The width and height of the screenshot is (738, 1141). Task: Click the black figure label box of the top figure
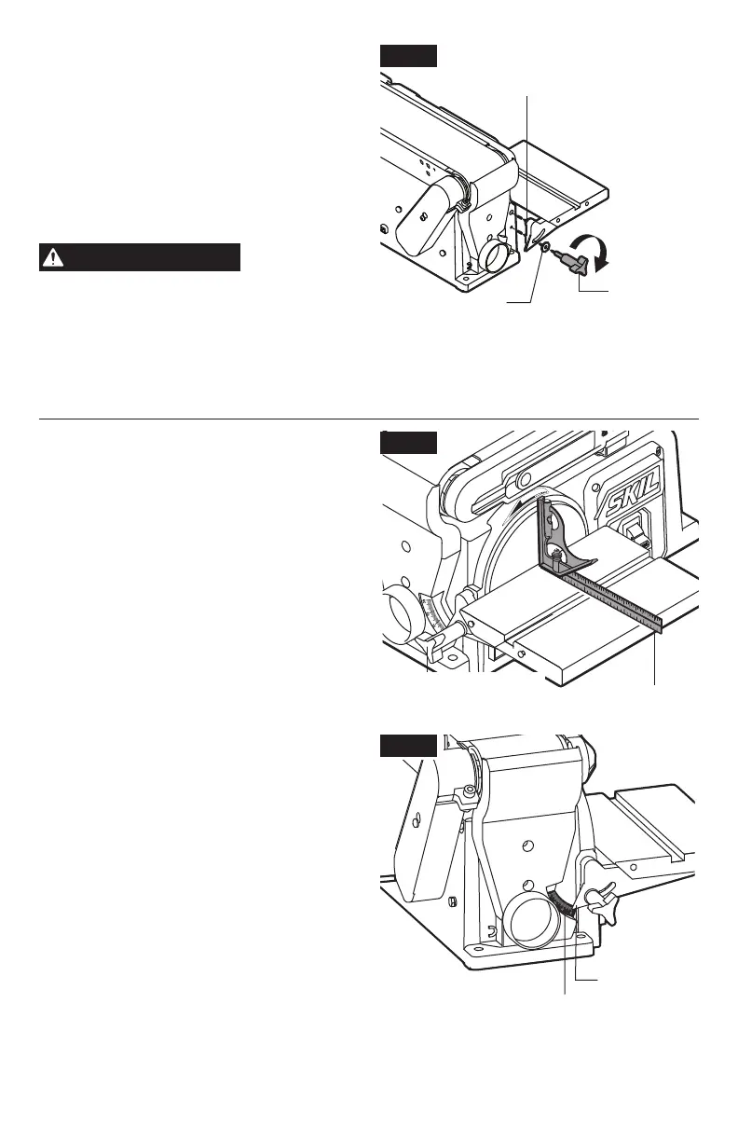(x=408, y=55)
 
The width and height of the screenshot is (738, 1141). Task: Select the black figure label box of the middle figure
(x=408, y=441)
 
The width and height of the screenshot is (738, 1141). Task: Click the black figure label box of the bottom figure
(x=408, y=747)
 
